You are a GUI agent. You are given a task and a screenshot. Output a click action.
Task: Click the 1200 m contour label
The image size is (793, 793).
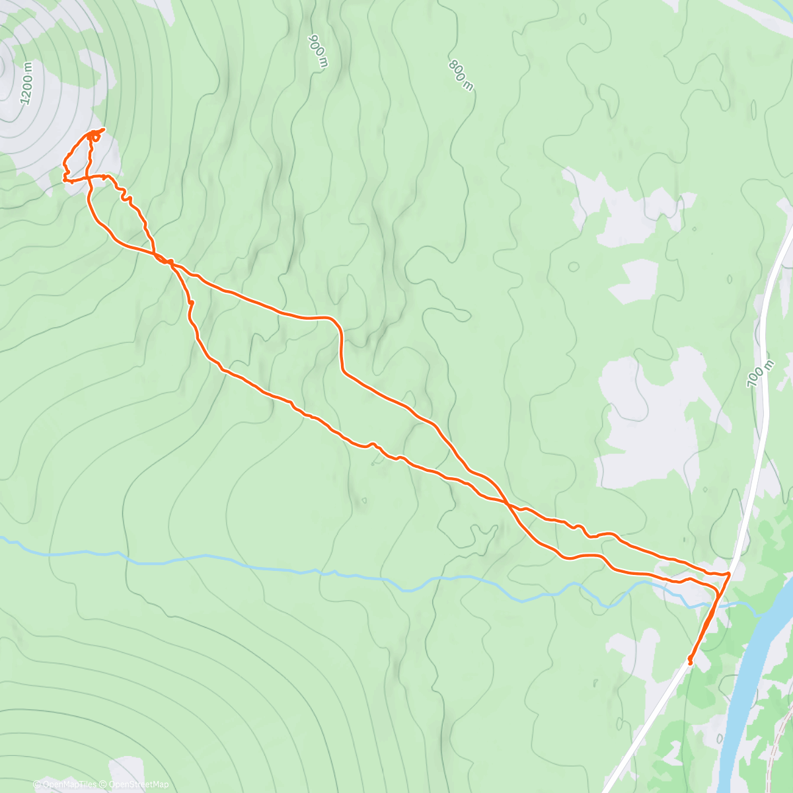tap(26, 83)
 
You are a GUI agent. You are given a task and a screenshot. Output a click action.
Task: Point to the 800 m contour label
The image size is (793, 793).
tap(461, 75)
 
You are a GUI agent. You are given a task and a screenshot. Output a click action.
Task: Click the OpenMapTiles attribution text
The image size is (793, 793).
tap(70, 784)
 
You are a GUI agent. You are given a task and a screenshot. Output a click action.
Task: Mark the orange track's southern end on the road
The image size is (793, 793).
tap(690, 661)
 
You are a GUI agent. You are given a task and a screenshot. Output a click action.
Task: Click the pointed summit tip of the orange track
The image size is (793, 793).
tap(104, 128)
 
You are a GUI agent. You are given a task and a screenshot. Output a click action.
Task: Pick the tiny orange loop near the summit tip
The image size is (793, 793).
tap(96, 137)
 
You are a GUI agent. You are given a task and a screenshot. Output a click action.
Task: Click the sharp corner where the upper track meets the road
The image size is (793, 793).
tap(729, 574)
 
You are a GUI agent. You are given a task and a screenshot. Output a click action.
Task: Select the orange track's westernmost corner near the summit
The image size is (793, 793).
tap(64, 178)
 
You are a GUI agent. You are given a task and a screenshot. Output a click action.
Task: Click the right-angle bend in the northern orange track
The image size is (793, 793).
tap(340, 324)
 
